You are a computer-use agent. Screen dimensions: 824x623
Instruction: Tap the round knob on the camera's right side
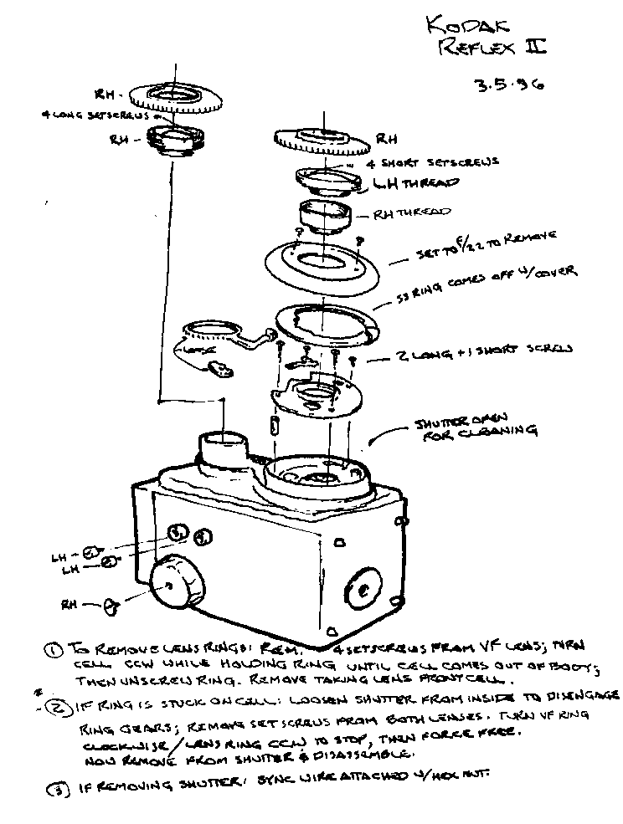363,589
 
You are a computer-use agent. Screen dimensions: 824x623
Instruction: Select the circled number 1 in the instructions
54,650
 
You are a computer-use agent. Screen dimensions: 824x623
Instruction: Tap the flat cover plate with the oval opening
321,264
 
